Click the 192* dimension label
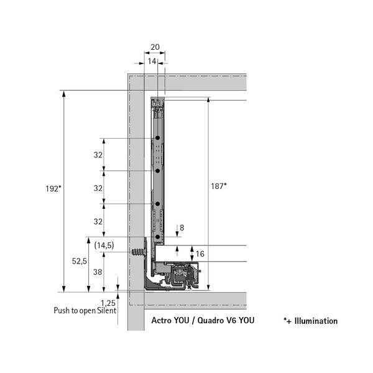point(53,188)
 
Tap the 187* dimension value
point(219,186)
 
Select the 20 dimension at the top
point(155,47)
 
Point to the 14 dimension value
point(152,62)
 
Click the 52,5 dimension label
point(80,261)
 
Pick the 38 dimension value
point(98,272)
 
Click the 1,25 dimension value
point(108,303)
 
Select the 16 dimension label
point(200,254)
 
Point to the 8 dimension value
point(182,228)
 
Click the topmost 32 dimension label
point(98,155)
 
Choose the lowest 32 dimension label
point(98,221)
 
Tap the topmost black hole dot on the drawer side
point(157,138)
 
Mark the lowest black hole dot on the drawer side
point(157,237)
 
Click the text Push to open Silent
point(85,311)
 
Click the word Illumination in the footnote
point(316,321)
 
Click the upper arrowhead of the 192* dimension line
point(64,94)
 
